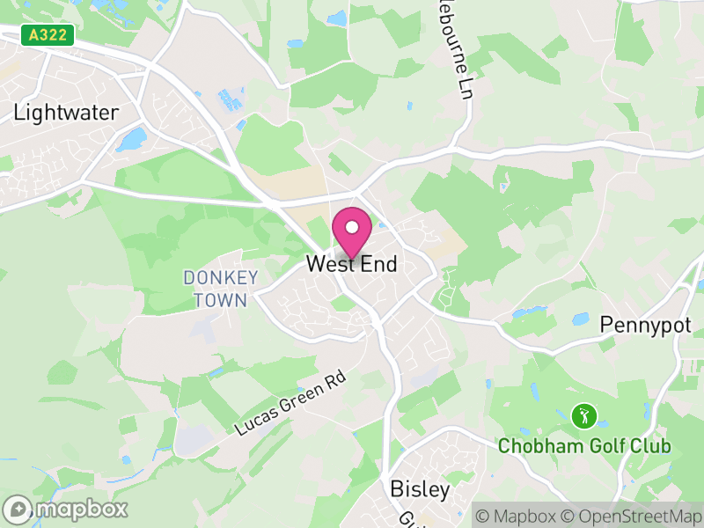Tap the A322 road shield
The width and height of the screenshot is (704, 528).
pyautogui.click(x=47, y=35)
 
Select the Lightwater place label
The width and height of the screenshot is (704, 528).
pyautogui.click(x=66, y=113)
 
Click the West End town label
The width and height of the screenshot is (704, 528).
pyautogui.click(x=352, y=264)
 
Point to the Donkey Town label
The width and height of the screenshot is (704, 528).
pyautogui.click(x=221, y=289)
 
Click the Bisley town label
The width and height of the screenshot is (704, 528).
pyautogui.click(x=420, y=489)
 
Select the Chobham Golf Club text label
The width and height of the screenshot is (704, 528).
pyautogui.click(x=584, y=446)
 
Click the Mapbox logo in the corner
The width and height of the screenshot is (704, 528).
pyautogui.click(x=66, y=509)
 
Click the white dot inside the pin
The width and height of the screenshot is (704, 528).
pyautogui.click(x=352, y=227)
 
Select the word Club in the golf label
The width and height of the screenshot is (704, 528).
pyautogui.click(x=650, y=446)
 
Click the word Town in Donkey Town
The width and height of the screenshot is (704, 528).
pyautogui.click(x=222, y=299)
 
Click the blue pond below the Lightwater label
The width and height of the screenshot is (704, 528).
pyautogui.click(x=133, y=139)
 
